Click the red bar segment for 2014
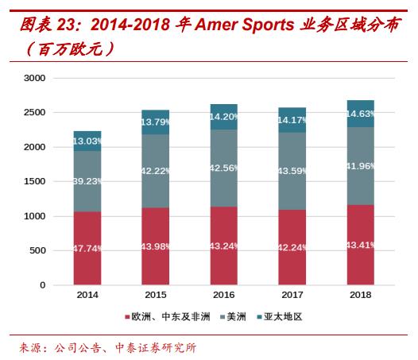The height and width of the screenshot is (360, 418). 87,248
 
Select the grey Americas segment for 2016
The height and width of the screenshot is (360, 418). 224,168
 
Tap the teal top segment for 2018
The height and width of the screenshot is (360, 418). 361,114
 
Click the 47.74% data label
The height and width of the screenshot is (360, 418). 87,248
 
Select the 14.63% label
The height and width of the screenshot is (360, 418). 361,114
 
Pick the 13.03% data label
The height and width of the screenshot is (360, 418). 87,141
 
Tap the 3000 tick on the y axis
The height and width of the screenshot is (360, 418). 36,78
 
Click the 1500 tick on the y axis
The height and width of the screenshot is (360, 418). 36,182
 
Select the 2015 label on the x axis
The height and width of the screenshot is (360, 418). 156,296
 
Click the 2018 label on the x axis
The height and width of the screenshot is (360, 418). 361,296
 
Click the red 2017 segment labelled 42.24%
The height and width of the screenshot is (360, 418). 292,246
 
